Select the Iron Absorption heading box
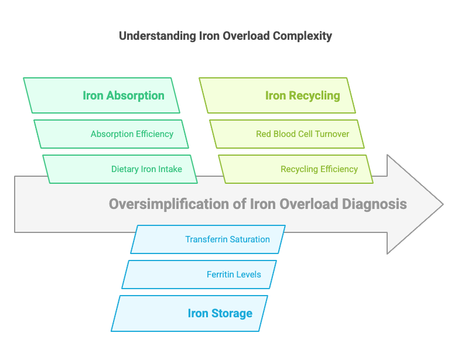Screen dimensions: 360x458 (x=102, y=95)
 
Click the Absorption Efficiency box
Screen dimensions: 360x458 (x=111, y=134)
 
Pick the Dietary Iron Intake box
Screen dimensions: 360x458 (x=120, y=169)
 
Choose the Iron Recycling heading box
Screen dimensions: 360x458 (x=278, y=95)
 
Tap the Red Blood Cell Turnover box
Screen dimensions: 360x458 (x=287, y=134)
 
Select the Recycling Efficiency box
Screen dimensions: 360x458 (x=296, y=169)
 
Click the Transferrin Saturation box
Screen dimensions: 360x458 (x=208, y=239)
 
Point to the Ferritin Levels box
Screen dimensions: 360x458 (x=199, y=275)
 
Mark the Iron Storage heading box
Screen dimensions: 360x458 (x=190, y=313)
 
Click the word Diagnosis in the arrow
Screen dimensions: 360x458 (x=375, y=204)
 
